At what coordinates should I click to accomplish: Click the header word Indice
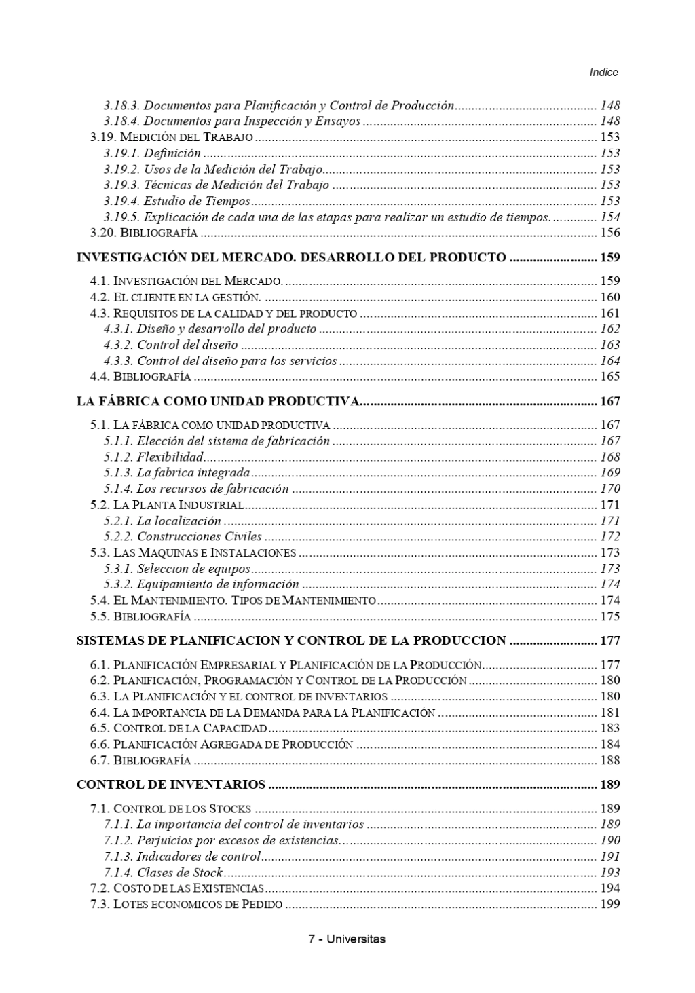(603, 72)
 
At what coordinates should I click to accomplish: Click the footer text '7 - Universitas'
(347, 939)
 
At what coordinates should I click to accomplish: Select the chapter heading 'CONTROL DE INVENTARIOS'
(171, 785)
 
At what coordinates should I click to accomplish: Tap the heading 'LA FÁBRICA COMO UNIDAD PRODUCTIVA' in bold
(217, 401)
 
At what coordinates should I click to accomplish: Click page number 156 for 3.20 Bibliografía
(609, 233)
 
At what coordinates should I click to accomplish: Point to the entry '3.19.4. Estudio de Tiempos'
(177, 201)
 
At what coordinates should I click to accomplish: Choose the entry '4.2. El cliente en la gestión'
(176, 297)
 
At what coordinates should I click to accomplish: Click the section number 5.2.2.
(118, 537)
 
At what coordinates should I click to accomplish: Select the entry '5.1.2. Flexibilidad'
(153, 457)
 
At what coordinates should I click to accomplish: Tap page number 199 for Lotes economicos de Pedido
(609, 904)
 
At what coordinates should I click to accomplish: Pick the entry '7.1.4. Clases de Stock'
(164, 872)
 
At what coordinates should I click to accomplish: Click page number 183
(609, 728)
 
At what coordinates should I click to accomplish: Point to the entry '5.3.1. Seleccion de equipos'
(177, 569)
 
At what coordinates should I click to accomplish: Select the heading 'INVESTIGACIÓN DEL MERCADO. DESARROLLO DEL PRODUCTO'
(291, 257)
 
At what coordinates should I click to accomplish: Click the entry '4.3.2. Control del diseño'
(170, 345)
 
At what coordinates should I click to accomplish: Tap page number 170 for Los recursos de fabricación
(609, 489)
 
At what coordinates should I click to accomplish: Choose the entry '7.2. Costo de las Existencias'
(177, 888)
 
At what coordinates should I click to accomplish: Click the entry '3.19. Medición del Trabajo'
(172, 137)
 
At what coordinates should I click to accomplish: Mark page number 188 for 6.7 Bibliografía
(609, 760)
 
